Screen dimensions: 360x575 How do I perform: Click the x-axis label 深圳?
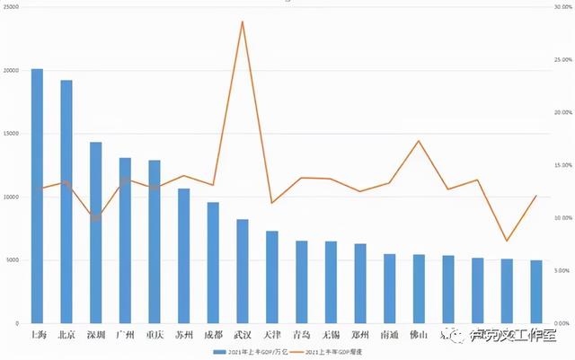point(95,335)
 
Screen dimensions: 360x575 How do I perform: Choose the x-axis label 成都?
point(213,335)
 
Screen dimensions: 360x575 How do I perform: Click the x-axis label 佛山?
point(419,335)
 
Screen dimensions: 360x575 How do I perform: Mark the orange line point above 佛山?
point(419,141)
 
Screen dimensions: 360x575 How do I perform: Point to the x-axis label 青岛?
point(301,335)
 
